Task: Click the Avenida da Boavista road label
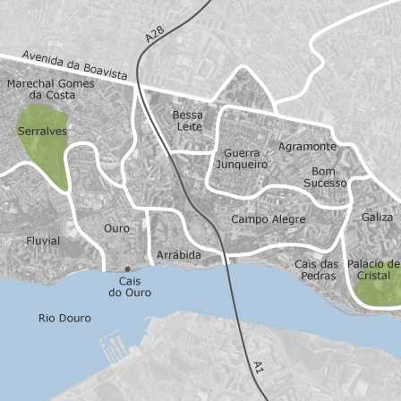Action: coord(74,64)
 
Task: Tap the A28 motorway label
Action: coord(155,33)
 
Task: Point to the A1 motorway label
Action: coord(259,367)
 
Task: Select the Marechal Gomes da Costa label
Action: coord(50,90)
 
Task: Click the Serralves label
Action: coord(42,132)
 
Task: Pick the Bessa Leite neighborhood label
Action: coord(189,121)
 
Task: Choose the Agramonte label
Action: coord(307,146)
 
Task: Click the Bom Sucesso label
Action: coord(325,177)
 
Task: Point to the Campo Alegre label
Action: coord(269,219)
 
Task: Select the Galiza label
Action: coord(377,218)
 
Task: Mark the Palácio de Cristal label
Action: coord(373,269)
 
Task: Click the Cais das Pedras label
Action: coord(317,269)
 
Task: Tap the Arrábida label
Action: coord(179,255)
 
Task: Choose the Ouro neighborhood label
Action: coord(116,228)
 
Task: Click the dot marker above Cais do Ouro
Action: coord(127,269)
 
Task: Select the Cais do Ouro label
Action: coord(130,286)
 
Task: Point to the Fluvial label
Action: coord(43,241)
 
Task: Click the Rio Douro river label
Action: coord(64,318)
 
